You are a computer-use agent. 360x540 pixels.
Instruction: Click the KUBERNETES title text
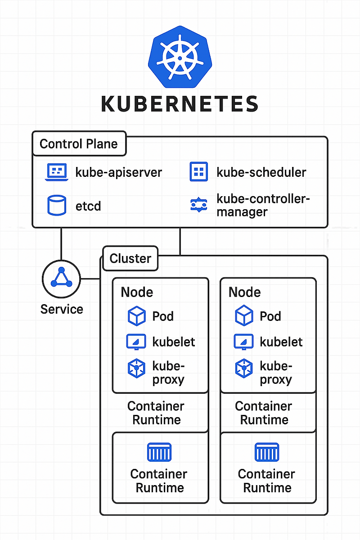tap(180, 103)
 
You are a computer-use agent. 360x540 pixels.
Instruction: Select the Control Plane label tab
tap(79, 144)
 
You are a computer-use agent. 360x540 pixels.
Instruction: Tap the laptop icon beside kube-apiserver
tap(57, 172)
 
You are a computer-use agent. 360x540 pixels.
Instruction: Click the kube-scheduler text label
tap(261, 172)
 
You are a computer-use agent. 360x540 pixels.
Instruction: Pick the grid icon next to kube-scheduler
tap(198, 172)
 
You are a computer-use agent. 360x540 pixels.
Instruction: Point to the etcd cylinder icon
tap(57, 205)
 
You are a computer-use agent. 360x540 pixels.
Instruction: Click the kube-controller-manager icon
tap(198, 205)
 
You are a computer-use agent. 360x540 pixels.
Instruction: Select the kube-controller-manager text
tap(263, 205)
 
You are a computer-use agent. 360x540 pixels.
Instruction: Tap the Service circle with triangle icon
tap(61, 279)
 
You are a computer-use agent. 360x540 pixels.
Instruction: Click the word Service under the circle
tap(62, 309)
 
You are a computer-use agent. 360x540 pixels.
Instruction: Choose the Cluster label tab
tap(130, 259)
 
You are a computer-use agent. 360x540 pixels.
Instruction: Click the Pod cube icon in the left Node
tap(137, 316)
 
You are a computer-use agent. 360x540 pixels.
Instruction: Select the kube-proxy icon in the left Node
tap(137, 369)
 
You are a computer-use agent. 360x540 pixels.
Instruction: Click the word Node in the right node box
tap(245, 292)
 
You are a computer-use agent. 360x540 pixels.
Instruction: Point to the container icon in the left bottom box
tap(160, 452)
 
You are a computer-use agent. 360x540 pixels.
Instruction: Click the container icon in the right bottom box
tap(267, 452)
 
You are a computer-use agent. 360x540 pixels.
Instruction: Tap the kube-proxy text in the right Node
tap(276, 373)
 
